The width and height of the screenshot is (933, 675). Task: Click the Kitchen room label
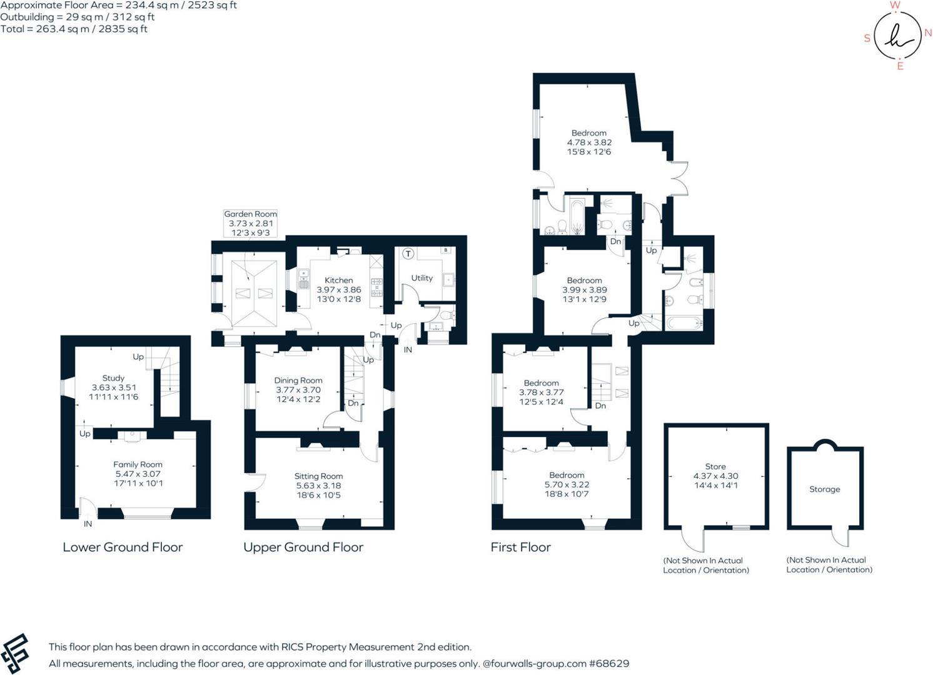338,280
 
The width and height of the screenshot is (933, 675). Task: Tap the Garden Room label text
250,214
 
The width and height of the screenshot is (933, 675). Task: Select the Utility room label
421,278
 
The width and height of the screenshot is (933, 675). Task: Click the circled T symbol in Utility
408,254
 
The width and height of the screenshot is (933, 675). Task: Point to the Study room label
113,378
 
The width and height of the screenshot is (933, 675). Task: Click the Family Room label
138,464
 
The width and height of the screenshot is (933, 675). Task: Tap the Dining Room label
298,380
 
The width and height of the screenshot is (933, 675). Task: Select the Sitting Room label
318,476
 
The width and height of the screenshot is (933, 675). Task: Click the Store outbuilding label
715,466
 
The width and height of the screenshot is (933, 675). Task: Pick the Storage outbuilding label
824,489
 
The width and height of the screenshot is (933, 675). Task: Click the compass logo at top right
897,36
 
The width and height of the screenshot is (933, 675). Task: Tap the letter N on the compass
928,33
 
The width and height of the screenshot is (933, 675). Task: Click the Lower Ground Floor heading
123,547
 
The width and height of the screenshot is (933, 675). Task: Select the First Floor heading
520,547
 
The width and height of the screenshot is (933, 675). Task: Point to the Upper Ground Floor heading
303,547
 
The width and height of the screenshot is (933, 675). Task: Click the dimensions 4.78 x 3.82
589,142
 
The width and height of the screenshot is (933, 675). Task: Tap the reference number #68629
610,664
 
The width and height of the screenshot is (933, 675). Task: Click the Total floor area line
74,29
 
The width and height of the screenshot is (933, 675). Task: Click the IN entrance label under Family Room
88,524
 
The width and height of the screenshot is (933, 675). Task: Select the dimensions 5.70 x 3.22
567,484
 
